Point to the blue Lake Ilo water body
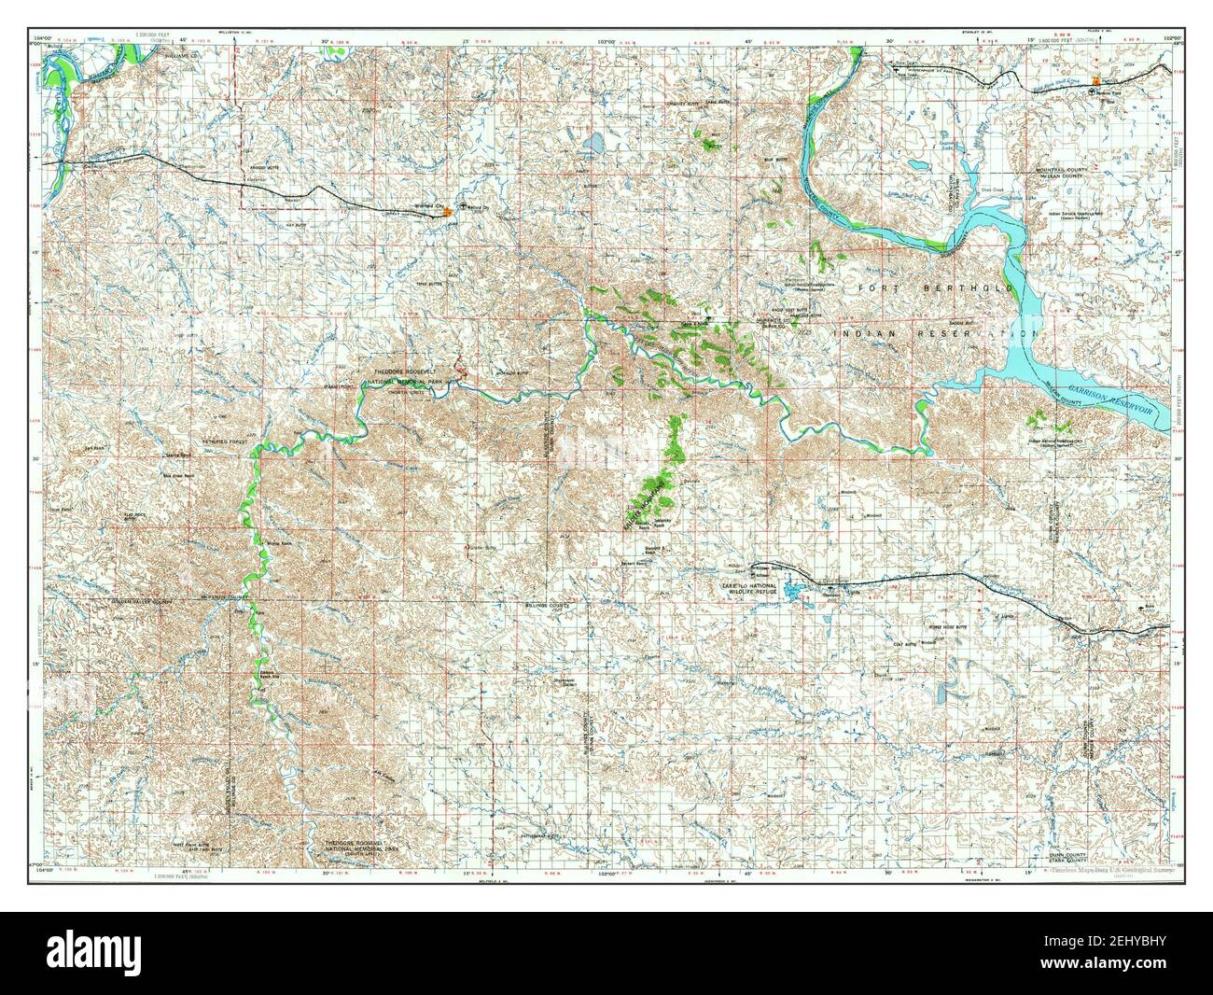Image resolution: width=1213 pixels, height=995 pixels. [x=794, y=593]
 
